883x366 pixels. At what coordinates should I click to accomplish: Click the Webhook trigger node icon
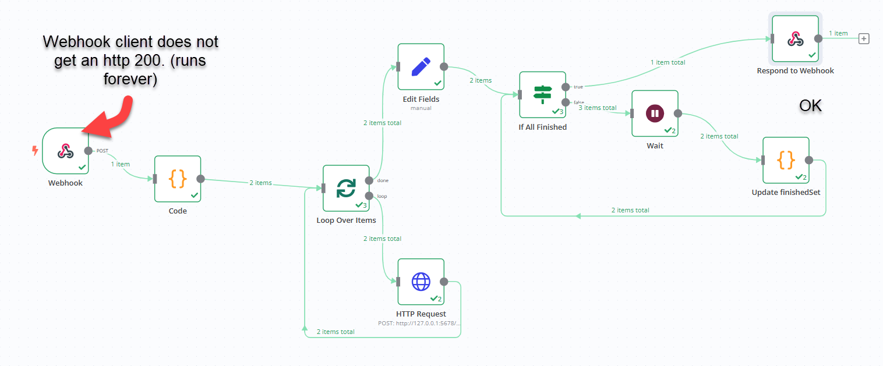[65, 151]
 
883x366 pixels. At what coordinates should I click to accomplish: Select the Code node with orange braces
[178, 179]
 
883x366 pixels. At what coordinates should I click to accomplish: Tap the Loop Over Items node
[346, 189]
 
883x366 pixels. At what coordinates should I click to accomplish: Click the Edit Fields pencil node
[421, 67]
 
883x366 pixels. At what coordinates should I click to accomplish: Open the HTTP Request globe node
[421, 282]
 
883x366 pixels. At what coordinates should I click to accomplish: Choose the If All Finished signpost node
[543, 94]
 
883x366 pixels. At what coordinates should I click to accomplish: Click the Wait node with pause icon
[655, 113]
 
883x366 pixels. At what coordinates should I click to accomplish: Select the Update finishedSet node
[786, 160]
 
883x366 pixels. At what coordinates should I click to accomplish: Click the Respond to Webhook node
[796, 38]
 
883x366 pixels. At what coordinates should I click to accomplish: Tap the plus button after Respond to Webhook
[864, 38]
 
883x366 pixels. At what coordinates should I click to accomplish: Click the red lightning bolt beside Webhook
[35, 150]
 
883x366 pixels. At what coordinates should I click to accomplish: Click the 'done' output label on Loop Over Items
[383, 180]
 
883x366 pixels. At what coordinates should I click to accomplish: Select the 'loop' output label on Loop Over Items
[382, 196]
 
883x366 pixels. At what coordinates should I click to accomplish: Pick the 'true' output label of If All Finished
[578, 87]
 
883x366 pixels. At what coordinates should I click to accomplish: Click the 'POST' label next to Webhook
[103, 151]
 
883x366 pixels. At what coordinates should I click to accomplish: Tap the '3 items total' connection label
[598, 108]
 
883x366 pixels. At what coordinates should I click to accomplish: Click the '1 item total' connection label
[667, 62]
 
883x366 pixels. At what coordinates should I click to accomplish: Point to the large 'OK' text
[810, 105]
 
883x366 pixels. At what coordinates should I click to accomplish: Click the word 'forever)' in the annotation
[130, 79]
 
